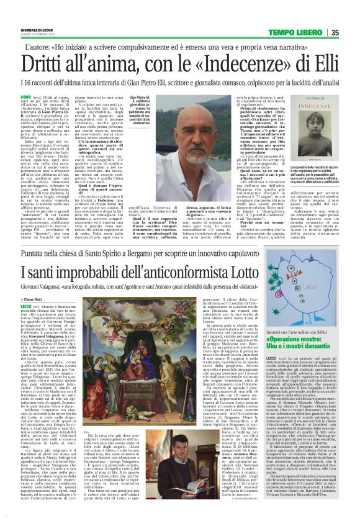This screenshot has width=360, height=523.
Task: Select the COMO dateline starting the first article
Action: coord(27,97)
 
